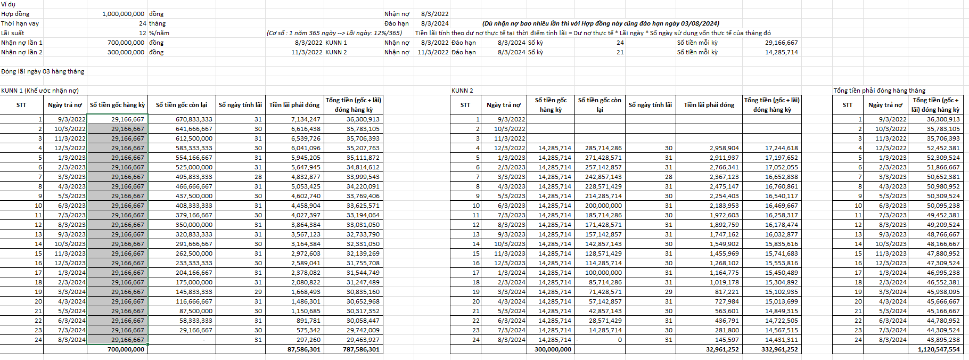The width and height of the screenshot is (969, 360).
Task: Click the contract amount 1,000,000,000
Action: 123,14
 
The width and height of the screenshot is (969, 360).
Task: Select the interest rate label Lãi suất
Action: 12,33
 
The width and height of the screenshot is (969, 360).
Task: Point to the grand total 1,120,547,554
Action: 939,349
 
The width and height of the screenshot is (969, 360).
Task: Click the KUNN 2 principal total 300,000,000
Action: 553,349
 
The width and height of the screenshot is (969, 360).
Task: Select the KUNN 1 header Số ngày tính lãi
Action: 240,105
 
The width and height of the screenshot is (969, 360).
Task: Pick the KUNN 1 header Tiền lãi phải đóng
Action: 294,105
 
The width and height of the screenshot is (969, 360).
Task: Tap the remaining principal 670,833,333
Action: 194,119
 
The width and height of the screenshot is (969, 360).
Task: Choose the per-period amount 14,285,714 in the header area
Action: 781,52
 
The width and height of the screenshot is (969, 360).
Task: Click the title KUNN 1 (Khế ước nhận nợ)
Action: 40,91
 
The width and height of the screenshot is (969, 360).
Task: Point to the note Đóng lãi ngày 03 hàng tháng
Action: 43,71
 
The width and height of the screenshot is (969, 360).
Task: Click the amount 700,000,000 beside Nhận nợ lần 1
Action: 126,43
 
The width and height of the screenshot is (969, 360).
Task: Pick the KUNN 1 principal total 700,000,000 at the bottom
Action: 126,349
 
